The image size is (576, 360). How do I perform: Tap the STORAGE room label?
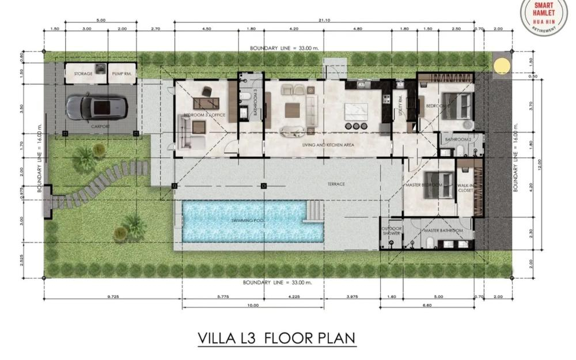click(x=82, y=74)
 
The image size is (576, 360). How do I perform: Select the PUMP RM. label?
click(x=123, y=74)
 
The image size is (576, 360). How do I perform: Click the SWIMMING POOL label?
click(x=248, y=221)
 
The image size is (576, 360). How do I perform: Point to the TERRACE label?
click(x=336, y=184)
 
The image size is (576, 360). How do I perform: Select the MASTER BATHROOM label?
click(x=443, y=230)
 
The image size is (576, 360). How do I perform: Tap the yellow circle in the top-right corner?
click(x=502, y=65)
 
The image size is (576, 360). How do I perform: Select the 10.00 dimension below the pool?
click(x=252, y=305)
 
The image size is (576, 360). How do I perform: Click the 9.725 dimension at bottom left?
click(x=113, y=297)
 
